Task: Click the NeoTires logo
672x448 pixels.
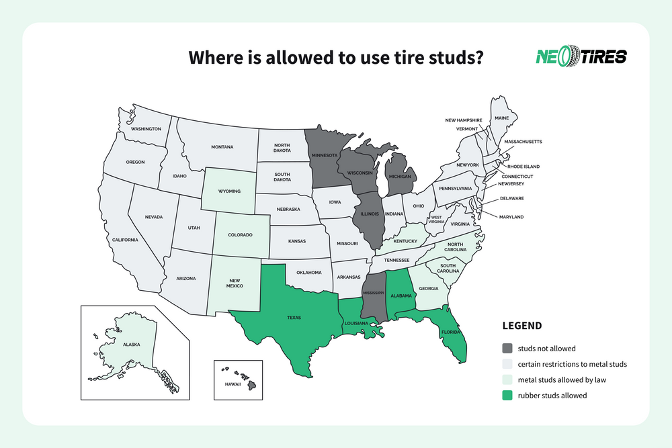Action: click(x=581, y=56)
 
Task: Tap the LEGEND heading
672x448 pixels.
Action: click(x=522, y=326)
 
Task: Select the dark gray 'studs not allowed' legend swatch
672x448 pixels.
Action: click(x=508, y=349)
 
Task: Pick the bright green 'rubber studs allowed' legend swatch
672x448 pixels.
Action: click(x=508, y=395)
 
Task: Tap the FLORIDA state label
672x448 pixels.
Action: click(x=451, y=332)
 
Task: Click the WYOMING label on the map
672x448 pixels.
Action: click(x=228, y=191)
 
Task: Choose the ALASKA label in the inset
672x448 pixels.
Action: click(x=131, y=344)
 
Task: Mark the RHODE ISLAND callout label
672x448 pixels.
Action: click(x=523, y=166)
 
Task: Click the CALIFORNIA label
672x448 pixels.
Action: click(x=125, y=240)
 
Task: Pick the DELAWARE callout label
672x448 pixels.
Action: click(x=511, y=199)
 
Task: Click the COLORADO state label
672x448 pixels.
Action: click(x=240, y=234)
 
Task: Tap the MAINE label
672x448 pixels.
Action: click(x=501, y=118)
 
